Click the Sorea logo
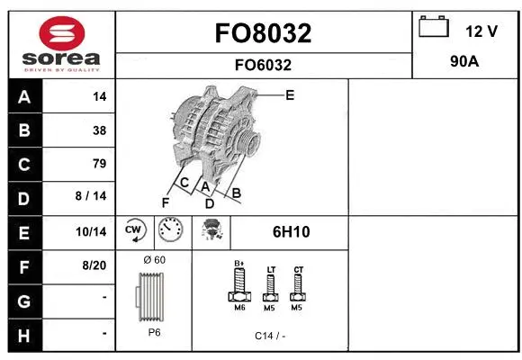tap(61, 45)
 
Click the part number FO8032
tap(263, 33)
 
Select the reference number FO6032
tap(263, 65)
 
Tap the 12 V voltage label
tap(481, 31)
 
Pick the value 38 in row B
tap(98, 130)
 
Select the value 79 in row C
tap(98, 163)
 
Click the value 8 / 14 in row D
tap(92, 197)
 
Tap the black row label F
tap(23, 266)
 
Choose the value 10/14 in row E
tap(93, 232)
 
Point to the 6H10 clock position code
tap(291, 232)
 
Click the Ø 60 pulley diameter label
tap(154, 259)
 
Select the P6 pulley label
tap(154, 332)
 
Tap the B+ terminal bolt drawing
tap(239, 287)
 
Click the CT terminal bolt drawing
tap(299, 286)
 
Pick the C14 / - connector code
tap(269, 335)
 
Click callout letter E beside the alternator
tap(290, 94)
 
